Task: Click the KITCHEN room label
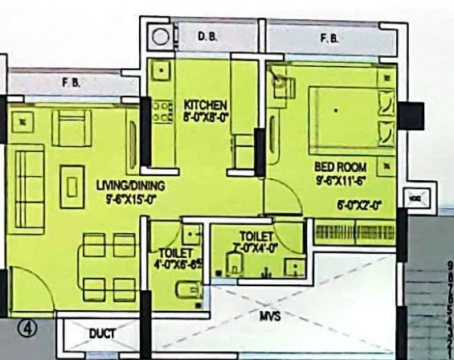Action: [x=207, y=106]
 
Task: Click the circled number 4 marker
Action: [x=27, y=328]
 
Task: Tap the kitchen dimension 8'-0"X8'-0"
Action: [x=207, y=118]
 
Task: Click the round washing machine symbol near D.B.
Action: [x=161, y=37]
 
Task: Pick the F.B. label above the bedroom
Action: [x=328, y=37]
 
